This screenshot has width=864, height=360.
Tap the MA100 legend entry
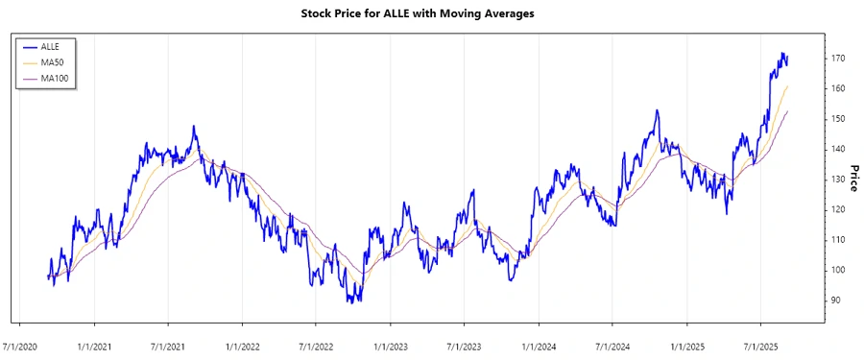click(x=56, y=78)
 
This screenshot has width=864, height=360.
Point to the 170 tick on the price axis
click(x=838, y=59)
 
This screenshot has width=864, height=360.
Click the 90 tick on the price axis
click(x=835, y=300)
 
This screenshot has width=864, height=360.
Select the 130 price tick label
click(x=838, y=180)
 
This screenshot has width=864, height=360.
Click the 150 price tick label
click(x=838, y=119)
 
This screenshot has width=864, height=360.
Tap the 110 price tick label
click(x=838, y=240)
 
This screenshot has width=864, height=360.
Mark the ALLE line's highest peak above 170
click(x=782, y=53)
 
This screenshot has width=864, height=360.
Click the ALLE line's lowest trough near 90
click(x=350, y=301)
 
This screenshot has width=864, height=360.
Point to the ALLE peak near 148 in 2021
click(x=193, y=126)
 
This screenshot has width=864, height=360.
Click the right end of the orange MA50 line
click(x=788, y=86)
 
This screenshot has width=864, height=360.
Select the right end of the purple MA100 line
click(x=788, y=111)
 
